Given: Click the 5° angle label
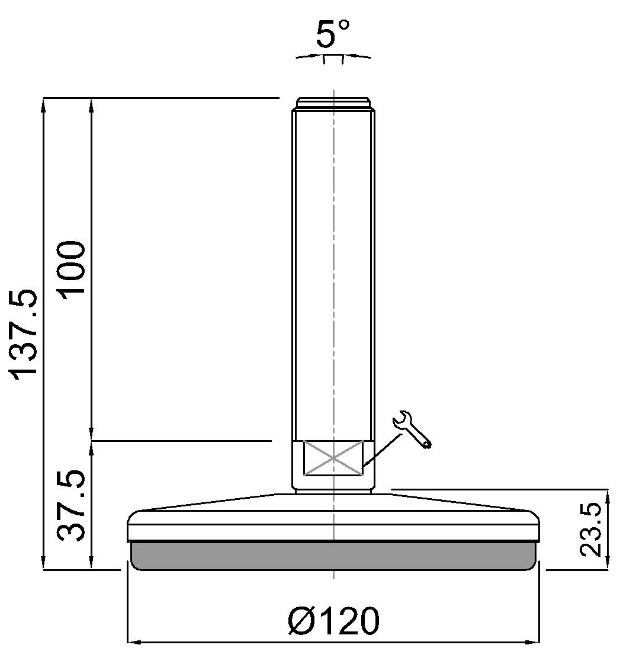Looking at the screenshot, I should (x=333, y=35).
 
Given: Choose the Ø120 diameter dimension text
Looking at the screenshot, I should (x=333, y=621).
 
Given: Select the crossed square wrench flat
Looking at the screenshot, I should (x=333, y=458).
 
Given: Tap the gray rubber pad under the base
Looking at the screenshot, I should (x=333, y=556).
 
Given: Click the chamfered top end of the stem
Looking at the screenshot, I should (x=333, y=104).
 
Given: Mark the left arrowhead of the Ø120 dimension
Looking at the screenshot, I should (x=134, y=641).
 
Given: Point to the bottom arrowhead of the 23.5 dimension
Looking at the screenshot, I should (x=607, y=563).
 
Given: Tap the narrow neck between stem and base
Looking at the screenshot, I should (x=333, y=489).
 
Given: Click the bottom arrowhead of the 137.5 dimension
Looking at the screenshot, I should (x=43, y=563).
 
